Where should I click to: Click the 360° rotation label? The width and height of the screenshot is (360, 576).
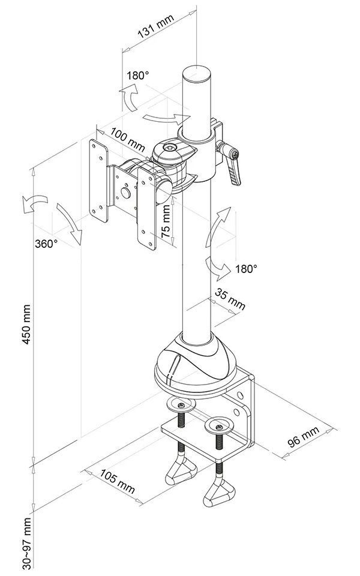point(46,244)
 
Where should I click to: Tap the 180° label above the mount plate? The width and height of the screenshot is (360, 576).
point(137,76)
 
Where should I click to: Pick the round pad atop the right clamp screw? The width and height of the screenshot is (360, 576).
point(219,427)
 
